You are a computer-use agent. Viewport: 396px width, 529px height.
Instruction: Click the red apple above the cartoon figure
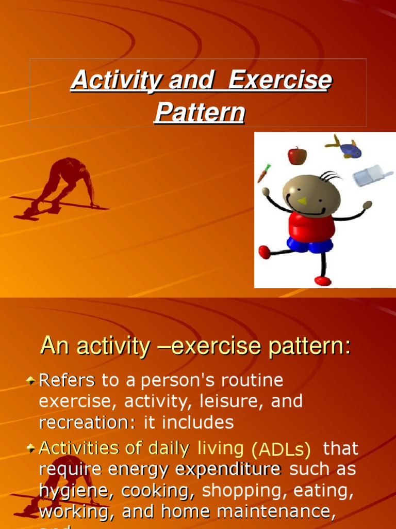tap(297, 155)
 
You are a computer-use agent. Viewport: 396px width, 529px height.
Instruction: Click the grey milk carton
tap(372, 176)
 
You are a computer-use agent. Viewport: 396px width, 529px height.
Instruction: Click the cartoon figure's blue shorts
tap(310, 244)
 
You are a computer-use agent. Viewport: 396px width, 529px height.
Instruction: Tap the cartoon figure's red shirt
tap(311, 225)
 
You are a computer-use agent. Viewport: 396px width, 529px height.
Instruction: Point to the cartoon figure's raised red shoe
tap(265, 252)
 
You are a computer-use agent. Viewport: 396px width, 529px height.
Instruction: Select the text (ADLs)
tap(281, 450)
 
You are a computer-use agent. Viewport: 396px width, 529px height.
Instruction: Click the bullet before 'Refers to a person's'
tap(31, 381)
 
